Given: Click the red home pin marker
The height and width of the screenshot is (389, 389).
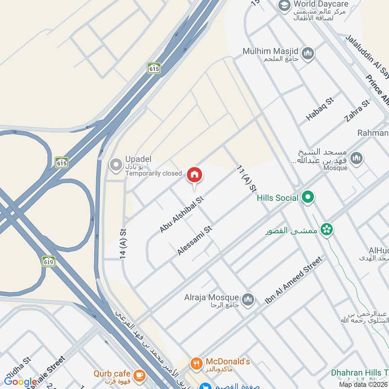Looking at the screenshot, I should click(194, 175).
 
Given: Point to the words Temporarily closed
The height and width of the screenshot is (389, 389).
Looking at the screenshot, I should click(154, 173).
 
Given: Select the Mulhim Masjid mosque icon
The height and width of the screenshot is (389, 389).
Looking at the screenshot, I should click(307, 53).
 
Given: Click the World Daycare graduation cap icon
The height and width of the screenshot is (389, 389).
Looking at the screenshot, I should click(284, 6).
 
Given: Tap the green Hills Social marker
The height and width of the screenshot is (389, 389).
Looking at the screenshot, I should click(307, 197).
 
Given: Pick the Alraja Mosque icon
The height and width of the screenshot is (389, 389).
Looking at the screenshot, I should click(248, 298).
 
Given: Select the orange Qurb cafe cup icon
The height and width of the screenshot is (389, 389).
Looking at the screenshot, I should click(139, 374).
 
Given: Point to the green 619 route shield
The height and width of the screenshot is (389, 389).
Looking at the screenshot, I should click(48, 261).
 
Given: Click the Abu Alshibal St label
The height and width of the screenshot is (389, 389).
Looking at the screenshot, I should click(181, 214).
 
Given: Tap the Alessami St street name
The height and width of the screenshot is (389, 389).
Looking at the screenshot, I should click(195, 240).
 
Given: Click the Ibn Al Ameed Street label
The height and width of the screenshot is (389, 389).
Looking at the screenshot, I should click(294, 281).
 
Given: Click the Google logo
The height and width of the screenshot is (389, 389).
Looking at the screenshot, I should click(20, 382).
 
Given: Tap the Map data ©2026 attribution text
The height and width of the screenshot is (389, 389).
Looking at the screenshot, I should click(363, 385).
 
